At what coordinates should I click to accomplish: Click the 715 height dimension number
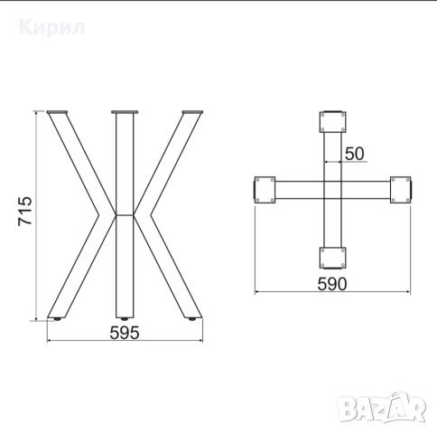[x=24, y=214]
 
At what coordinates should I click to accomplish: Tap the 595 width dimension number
[x=124, y=332]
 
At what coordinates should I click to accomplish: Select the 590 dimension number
[x=334, y=283]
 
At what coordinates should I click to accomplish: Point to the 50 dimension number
[x=354, y=153]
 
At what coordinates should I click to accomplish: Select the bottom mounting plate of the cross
[x=333, y=257]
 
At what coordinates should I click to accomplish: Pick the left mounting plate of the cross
[x=265, y=190]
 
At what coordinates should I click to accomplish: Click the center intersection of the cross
[x=333, y=190]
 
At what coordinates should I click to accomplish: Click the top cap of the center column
[x=125, y=113]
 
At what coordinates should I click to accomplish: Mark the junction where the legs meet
[x=125, y=215]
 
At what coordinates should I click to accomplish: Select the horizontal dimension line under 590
[x=334, y=293]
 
